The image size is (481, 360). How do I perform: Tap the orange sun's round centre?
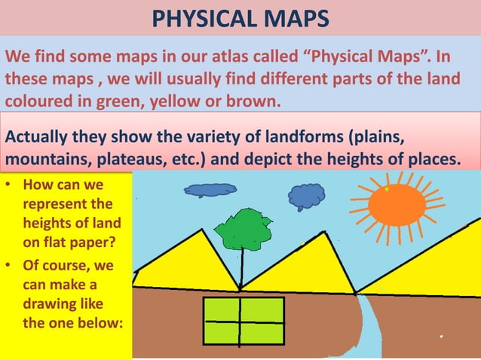click(x=397, y=204)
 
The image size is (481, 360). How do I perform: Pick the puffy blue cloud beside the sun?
click(x=306, y=197)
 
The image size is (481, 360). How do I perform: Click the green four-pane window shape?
click(x=243, y=320)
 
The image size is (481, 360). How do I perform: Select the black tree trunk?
click(x=241, y=267)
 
